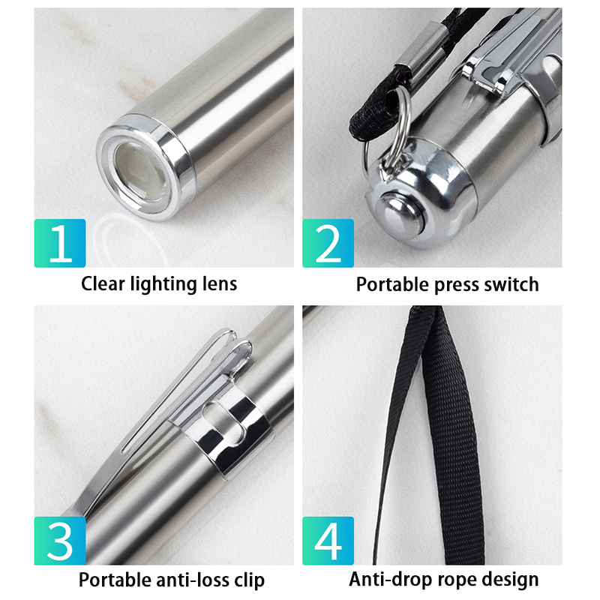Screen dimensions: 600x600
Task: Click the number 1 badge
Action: pyautogui.click(x=60, y=243)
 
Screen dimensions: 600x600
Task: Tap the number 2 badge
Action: pyautogui.click(x=328, y=243)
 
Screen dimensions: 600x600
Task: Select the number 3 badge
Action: pyautogui.click(x=60, y=540)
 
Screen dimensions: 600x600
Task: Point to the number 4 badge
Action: pyautogui.click(x=328, y=540)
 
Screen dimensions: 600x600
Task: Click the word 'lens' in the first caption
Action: pyautogui.click(x=220, y=284)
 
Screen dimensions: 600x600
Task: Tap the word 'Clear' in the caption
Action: pyautogui.click(x=103, y=284)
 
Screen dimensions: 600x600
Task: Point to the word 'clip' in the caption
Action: pyautogui.click(x=249, y=580)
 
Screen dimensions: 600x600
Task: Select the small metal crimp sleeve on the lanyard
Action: pyautogui.click(x=421, y=52)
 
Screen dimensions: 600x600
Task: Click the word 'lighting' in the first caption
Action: pyautogui.click(x=163, y=285)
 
